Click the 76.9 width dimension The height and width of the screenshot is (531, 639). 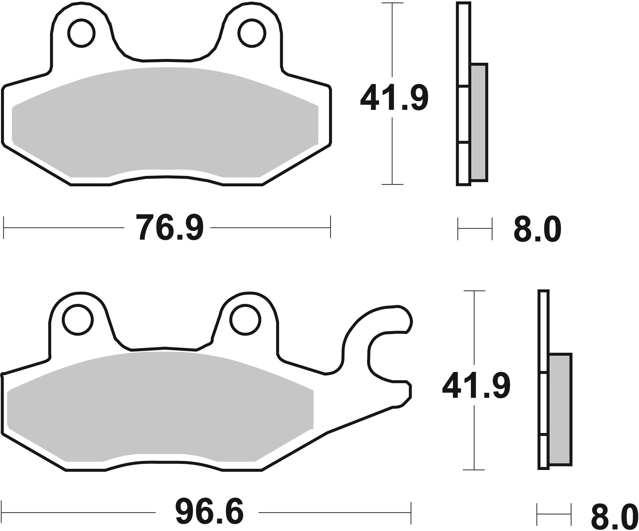pos(170,228)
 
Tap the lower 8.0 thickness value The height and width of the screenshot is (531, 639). pos(614,516)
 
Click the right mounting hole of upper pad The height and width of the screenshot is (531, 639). pos(253,33)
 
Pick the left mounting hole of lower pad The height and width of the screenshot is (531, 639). pos(78,320)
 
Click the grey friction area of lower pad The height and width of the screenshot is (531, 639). pos(158,406)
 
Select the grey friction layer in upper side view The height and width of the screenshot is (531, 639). pos(479,122)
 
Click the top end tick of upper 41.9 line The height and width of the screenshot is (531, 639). pos(392,4)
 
